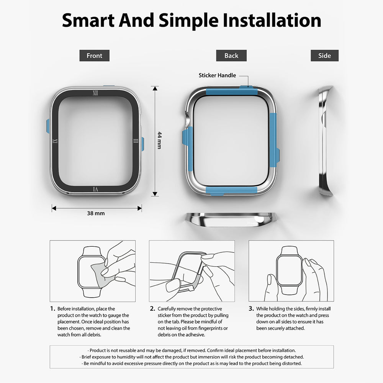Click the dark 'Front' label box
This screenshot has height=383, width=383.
(x=94, y=56)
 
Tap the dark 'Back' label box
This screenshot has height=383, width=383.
(x=231, y=56)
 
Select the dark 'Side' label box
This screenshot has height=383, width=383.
(x=325, y=56)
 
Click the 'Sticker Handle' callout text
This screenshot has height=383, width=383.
(x=217, y=75)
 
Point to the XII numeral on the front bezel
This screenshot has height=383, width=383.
(x=95, y=93)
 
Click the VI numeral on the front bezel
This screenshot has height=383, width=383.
(x=95, y=189)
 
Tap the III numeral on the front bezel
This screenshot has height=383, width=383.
(x=136, y=141)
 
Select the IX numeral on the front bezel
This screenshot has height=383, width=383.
(x=55, y=141)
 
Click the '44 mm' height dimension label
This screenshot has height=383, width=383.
(x=159, y=141)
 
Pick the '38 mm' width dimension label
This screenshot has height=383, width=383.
(x=96, y=213)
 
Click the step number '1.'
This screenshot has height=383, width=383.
(x=53, y=309)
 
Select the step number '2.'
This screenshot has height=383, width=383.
(x=152, y=309)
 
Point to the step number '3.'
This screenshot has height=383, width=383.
(x=251, y=309)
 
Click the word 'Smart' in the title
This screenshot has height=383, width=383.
(x=88, y=20)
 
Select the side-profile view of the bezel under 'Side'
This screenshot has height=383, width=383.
(x=326, y=141)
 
